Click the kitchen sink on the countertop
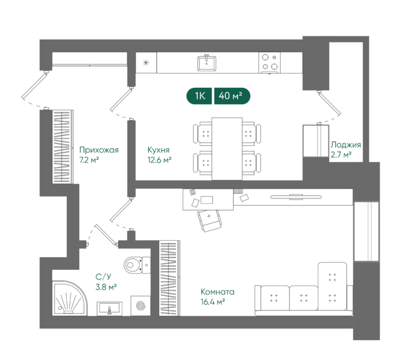[206, 63]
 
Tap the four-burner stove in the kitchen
[269, 63]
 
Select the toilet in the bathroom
[137, 265]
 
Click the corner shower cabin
[70, 298]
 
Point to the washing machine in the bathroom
[141, 305]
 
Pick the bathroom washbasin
[109, 309]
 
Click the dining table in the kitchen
[227, 149]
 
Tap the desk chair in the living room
[210, 220]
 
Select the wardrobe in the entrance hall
[63, 147]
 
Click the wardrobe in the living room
[169, 278]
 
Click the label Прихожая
[99, 150]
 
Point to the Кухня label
[158, 150]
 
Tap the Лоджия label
[346, 145]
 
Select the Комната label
[217, 292]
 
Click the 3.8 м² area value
[106, 287]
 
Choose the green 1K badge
[199, 96]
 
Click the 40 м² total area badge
[232, 96]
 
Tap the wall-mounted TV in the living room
[296, 197]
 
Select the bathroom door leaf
[106, 235]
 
